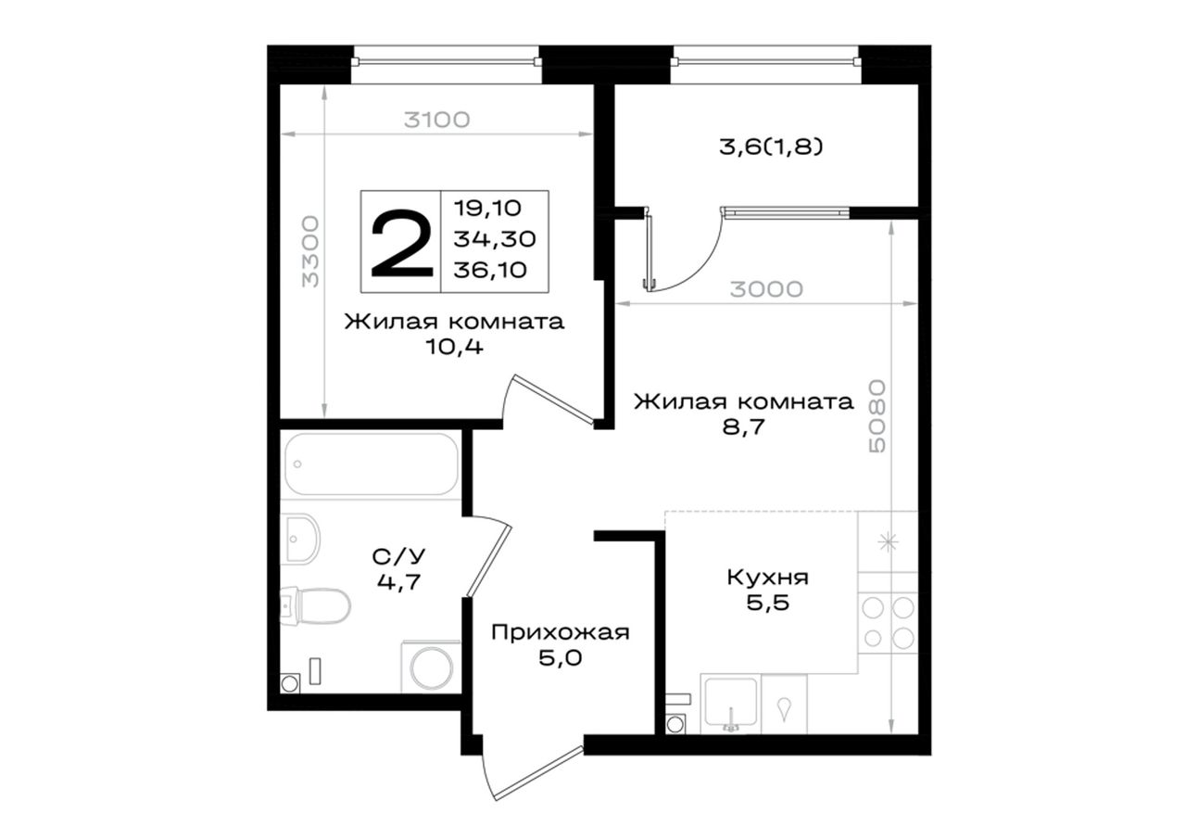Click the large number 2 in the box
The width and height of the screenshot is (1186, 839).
(x=402, y=243)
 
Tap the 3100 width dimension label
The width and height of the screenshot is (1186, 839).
(x=436, y=121)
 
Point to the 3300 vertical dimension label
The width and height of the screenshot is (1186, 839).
(x=310, y=251)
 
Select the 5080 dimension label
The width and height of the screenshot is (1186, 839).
(x=877, y=416)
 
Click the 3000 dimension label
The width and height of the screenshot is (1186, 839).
(x=766, y=289)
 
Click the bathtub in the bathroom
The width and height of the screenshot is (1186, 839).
(x=372, y=464)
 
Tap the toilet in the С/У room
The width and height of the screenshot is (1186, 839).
(x=316, y=606)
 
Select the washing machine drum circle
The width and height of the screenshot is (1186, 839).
(x=432, y=667)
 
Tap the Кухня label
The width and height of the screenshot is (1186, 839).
(x=768, y=578)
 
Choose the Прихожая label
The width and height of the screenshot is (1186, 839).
(x=561, y=632)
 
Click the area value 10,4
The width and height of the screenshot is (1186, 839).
(x=454, y=348)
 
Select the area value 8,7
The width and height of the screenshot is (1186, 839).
(x=744, y=426)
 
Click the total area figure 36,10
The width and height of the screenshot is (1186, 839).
(x=490, y=270)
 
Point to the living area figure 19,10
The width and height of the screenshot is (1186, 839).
(x=487, y=209)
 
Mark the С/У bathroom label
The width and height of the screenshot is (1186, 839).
(x=398, y=556)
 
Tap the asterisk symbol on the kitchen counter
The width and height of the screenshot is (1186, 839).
(x=888, y=541)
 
